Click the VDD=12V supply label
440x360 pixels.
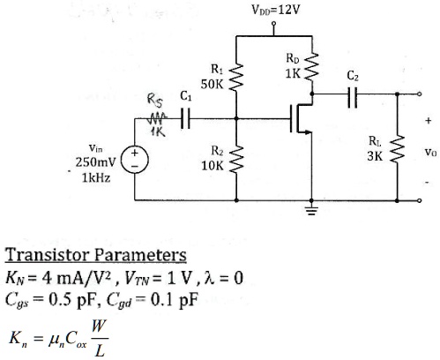(x=275, y=10)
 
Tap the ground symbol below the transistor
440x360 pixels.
(x=311, y=211)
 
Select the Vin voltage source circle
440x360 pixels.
(x=135, y=161)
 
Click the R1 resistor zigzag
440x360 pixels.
(x=236, y=77)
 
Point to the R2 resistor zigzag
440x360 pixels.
(x=236, y=159)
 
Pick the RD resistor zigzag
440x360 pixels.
(x=311, y=66)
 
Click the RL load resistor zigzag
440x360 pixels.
(x=397, y=149)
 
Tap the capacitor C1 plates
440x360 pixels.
(x=185, y=118)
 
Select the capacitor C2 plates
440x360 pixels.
(x=353, y=97)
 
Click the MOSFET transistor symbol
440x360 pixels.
(x=301, y=118)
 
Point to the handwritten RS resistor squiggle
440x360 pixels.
(x=158, y=118)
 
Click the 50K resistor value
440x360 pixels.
(x=213, y=85)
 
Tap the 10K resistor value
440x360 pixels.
(x=213, y=166)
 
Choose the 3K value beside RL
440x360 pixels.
(x=375, y=156)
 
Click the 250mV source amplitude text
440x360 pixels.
(x=96, y=162)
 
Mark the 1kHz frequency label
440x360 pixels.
(x=96, y=178)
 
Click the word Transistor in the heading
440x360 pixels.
(x=48, y=254)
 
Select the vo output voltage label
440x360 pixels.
(x=430, y=153)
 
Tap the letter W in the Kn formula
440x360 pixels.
(x=99, y=326)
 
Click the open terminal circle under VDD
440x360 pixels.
(x=273, y=23)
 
